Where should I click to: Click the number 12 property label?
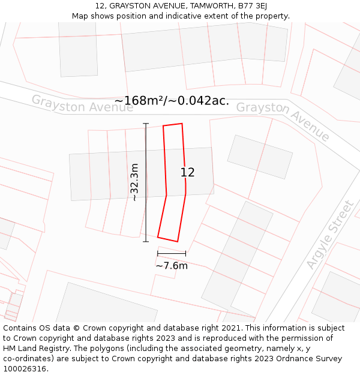click(187, 172)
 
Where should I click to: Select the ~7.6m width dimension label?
click(172, 265)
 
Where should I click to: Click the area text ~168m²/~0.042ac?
click(172, 101)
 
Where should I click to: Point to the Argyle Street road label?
click(329, 235)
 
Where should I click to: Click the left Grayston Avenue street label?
click(74, 104)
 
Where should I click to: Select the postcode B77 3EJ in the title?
click(253, 6)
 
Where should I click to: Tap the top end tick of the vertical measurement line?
click(146, 124)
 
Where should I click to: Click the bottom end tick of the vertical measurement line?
click(146, 242)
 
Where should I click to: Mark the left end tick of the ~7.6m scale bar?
click(158, 254)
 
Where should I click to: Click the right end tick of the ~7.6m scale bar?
click(185, 254)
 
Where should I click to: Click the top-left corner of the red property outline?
click(163, 126)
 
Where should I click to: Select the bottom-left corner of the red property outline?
click(158, 238)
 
